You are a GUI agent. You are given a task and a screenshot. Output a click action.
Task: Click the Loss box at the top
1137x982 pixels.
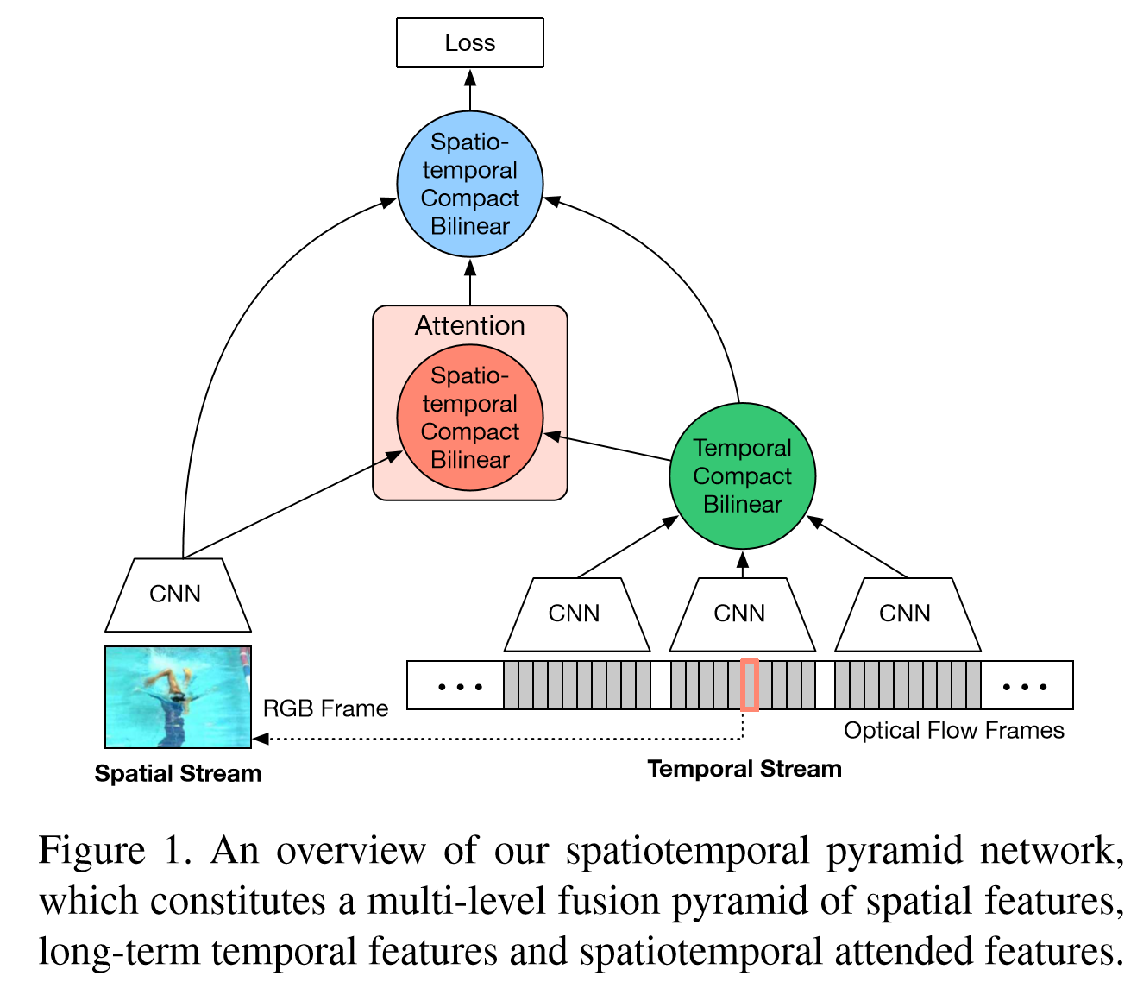click(x=470, y=42)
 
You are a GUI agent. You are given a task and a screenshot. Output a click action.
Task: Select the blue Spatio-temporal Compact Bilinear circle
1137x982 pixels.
click(x=470, y=184)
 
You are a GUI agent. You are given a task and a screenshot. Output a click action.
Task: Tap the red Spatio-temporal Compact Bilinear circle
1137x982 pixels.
click(x=470, y=418)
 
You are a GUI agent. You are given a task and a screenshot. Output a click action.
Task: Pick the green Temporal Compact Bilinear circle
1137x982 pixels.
click(x=742, y=475)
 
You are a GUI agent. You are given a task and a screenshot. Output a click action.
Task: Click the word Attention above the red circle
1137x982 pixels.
click(x=470, y=325)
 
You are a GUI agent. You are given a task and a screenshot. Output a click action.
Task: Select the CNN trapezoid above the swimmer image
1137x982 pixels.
click(x=177, y=595)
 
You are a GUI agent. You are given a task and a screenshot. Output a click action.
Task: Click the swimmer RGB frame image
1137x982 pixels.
click(x=178, y=696)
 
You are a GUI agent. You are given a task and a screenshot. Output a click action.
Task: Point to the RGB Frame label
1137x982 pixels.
click(x=325, y=708)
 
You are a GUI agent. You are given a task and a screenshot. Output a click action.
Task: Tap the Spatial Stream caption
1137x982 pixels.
click(x=178, y=773)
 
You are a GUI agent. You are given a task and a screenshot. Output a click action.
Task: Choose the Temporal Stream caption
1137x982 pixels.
click(x=744, y=769)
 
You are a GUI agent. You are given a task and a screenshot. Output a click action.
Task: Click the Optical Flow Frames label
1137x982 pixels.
click(x=953, y=731)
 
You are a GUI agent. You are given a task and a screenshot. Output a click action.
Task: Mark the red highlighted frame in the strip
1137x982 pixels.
click(x=749, y=685)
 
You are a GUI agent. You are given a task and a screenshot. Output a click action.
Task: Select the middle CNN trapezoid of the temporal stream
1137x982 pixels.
click(x=740, y=614)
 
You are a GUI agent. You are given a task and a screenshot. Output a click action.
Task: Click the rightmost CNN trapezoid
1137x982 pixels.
click(x=906, y=614)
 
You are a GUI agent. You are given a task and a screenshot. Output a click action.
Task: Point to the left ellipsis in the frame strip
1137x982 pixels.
click(x=460, y=687)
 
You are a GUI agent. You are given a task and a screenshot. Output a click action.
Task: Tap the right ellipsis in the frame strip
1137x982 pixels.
click(x=1025, y=687)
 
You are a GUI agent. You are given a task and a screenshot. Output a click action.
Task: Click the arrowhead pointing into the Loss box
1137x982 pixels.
click(x=470, y=77)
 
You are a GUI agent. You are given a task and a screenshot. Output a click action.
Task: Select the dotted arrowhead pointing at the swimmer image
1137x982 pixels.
click(x=260, y=739)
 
